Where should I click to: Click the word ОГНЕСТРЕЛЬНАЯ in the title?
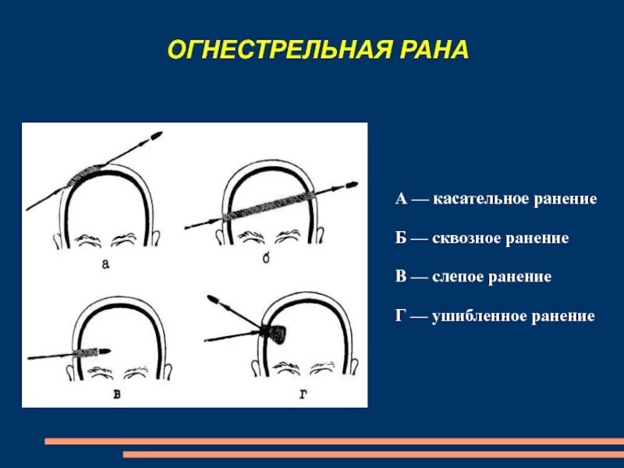click(x=265, y=51)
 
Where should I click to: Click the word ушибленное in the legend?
click(x=480, y=316)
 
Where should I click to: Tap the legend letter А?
click(x=401, y=200)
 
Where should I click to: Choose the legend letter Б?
click(x=401, y=238)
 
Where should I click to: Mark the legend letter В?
click(x=401, y=277)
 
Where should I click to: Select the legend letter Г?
click(x=400, y=316)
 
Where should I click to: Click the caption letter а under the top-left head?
click(x=105, y=264)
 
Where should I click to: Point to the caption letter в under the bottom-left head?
click(x=116, y=395)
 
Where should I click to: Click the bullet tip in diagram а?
click(x=156, y=136)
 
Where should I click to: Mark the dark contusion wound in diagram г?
click(x=275, y=331)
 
